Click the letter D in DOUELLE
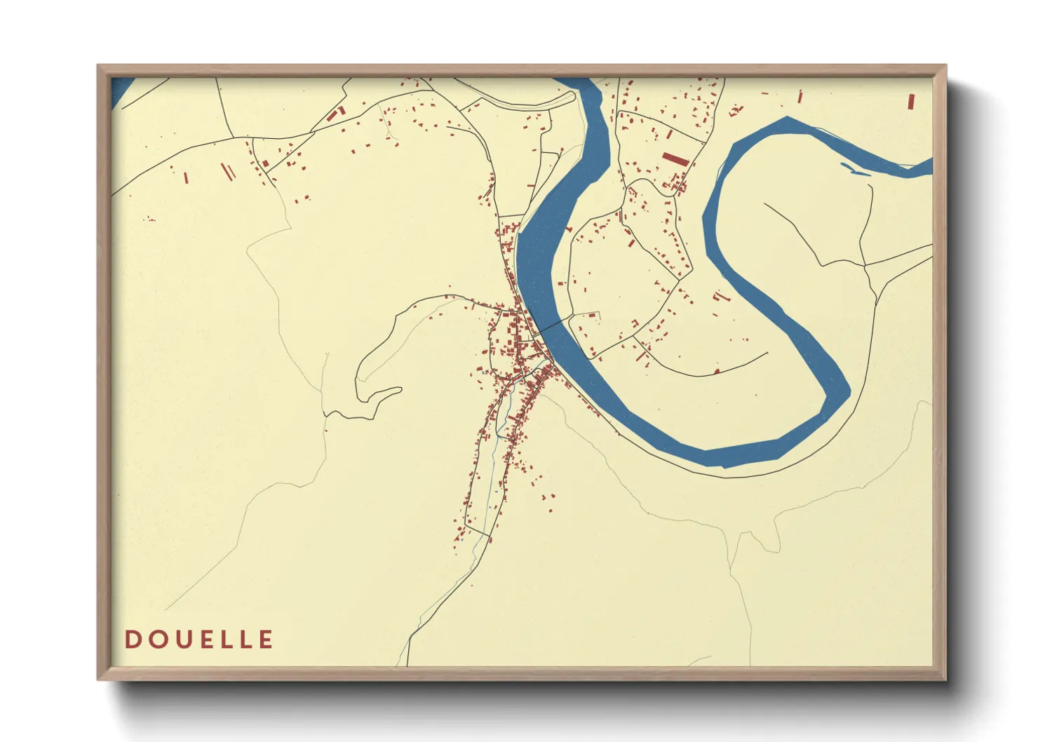coord(132,640)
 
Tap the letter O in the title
coord(155,640)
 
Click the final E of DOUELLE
coord(265,640)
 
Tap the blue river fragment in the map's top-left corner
coord(120,91)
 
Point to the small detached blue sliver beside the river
coord(851,169)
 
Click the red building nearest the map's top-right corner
coord(911,102)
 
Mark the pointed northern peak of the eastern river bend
coord(787,120)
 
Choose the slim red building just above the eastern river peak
coord(800,96)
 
